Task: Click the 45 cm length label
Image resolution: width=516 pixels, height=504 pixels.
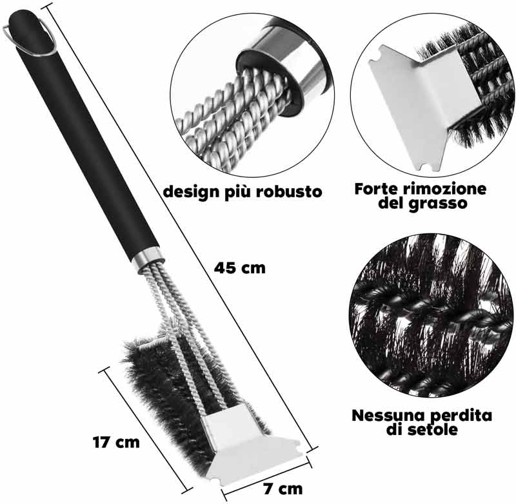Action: coord(239,268)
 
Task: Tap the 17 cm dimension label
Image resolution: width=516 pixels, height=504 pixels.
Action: coord(116,442)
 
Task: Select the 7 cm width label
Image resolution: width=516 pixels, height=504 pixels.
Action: coord(283,489)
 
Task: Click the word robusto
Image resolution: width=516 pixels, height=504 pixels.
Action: coord(289,191)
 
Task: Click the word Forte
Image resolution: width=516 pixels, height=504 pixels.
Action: coord(376,189)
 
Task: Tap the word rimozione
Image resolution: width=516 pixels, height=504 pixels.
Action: coord(444,189)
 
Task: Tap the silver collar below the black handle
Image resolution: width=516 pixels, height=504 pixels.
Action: coord(148,259)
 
